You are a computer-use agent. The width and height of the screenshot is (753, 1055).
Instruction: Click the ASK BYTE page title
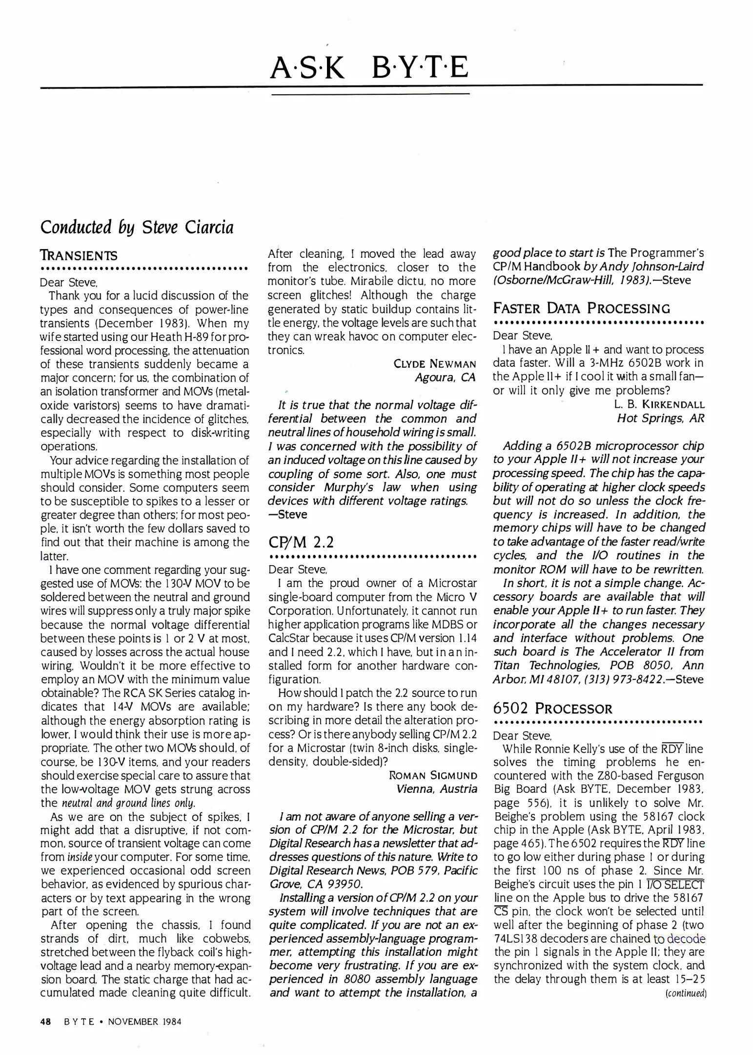369,68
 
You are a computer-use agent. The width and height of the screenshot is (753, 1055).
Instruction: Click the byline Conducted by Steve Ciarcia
137,228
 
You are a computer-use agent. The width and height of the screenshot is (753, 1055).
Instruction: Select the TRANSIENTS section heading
79,255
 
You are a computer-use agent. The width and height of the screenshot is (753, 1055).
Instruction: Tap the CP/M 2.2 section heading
301,542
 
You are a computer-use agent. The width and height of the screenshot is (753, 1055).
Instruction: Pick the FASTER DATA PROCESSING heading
581,309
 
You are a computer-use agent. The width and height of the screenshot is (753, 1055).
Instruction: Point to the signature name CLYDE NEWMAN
434,364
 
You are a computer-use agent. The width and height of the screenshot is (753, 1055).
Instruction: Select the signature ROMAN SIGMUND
433,776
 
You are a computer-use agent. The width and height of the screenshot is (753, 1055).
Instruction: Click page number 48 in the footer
46,1022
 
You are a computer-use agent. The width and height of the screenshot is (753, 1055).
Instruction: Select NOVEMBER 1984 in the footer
144,1022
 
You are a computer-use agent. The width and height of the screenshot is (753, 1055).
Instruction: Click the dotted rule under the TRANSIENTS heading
144,269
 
